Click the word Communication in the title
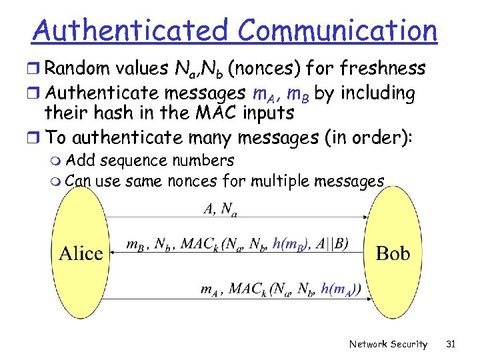(x=337, y=30)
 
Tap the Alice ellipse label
(x=81, y=253)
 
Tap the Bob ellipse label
(x=393, y=253)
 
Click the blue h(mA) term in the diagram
(x=341, y=289)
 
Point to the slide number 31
(x=451, y=344)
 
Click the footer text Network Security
(x=389, y=344)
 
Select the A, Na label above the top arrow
(x=219, y=209)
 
